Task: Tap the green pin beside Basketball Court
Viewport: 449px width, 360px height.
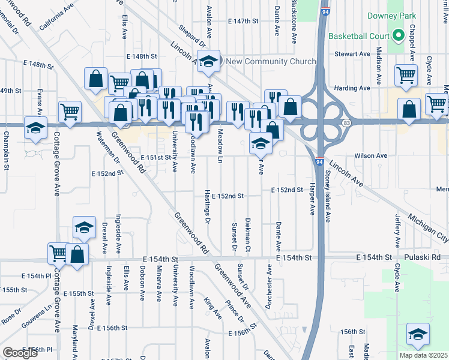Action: pyautogui.click(x=397, y=36)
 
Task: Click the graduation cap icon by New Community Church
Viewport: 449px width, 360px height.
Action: pyautogui.click(x=208, y=62)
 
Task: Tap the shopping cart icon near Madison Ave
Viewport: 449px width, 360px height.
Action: pyautogui.click(x=406, y=75)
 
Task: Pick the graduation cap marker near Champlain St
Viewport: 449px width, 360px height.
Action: pyautogui.click(x=35, y=128)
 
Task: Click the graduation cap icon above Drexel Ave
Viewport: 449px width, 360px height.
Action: pyautogui.click(x=83, y=227)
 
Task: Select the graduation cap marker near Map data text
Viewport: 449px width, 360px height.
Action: pyautogui.click(x=418, y=334)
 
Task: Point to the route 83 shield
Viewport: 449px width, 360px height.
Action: pyautogui.click(x=347, y=122)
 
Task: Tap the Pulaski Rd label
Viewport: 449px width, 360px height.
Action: pyautogui.click(x=427, y=257)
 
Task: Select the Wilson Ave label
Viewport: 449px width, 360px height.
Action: pyautogui.click(x=371, y=155)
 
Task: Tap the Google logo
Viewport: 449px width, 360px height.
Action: pyautogui.click(x=20, y=352)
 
